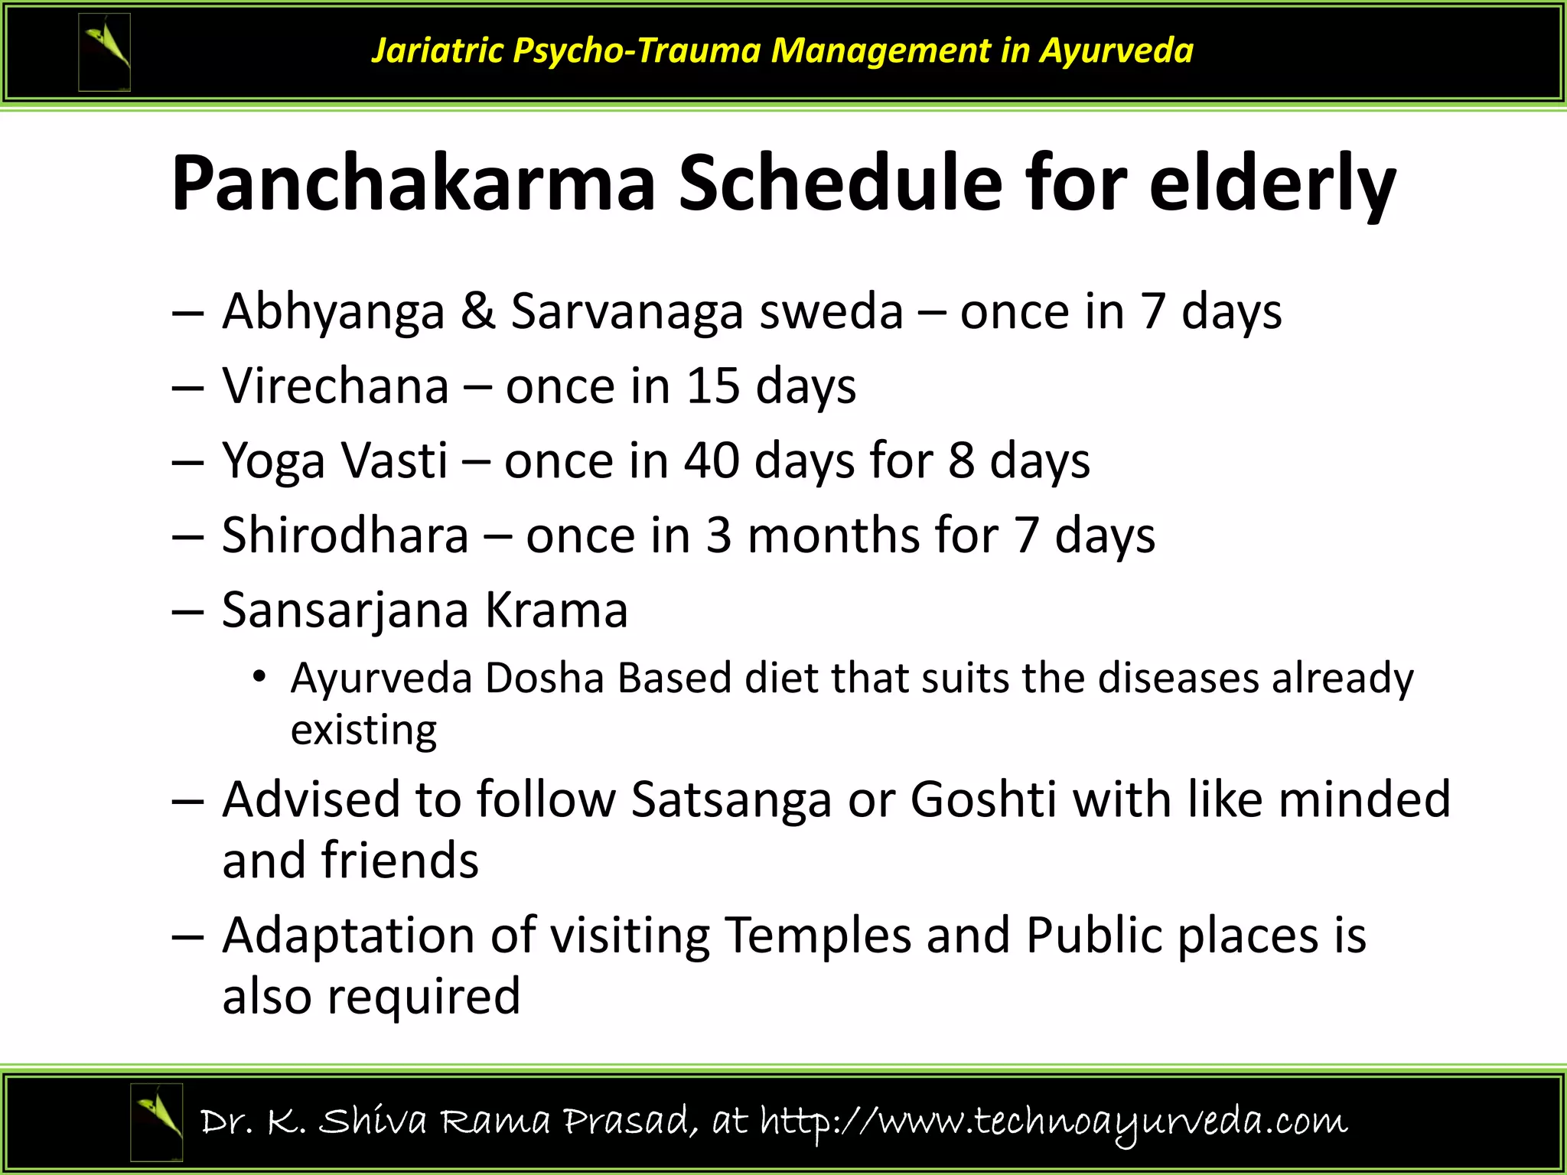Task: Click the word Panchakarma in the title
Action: click(413, 184)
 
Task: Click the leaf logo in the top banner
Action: click(105, 52)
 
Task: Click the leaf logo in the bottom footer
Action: click(157, 1121)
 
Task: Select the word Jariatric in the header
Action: click(437, 50)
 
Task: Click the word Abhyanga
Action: click(333, 312)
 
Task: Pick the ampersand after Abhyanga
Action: click(477, 311)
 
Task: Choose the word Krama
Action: click(556, 610)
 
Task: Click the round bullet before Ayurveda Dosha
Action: click(260, 677)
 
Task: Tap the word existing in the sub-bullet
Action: click(363, 731)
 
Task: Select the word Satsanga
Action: click(731, 799)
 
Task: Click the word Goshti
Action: click(983, 799)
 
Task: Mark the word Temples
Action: click(817, 935)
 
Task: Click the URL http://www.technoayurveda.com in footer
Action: click(1053, 1121)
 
